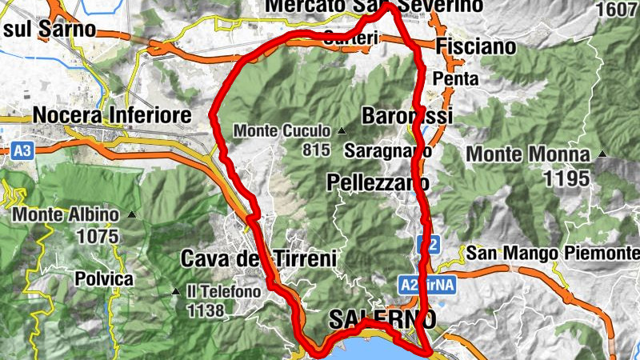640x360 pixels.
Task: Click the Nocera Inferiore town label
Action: tap(113, 115)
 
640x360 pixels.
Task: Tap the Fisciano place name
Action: tap(477, 47)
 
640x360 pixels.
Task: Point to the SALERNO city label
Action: tap(382, 320)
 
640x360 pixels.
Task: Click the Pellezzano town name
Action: tap(378, 183)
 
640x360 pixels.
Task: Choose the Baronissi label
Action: tap(407, 115)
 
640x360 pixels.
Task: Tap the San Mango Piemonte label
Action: tap(553, 254)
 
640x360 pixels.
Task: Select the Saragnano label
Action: tap(388, 150)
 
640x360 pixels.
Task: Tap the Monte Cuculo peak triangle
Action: tap(342, 130)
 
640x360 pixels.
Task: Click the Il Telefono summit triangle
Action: tap(175, 292)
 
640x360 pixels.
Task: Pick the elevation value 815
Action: tap(318, 150)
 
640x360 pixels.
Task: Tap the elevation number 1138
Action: tap(205, 310)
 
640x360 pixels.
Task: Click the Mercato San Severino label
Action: tap(374, 6)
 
